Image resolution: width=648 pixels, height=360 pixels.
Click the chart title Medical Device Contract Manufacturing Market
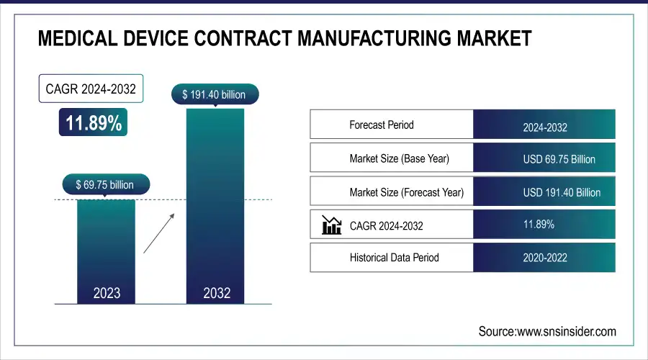click(284, 37)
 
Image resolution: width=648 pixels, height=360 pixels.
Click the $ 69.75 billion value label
click(105, 185)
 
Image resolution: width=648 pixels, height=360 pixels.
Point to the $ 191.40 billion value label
click(215, 94)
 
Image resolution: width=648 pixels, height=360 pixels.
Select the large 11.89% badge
click(94, 123)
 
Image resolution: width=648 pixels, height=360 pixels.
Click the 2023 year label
click(107, 293)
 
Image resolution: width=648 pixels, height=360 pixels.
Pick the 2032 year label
click(216, 293)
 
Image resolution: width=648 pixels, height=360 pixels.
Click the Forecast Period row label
click(382, 125)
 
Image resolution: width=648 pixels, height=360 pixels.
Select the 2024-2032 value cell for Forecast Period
click(544, 127)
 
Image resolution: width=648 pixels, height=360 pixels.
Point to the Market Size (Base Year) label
click(399, 158)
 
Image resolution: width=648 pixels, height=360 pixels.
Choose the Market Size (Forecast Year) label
click(406, 192)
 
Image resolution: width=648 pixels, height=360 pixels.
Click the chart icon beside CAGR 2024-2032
click(332, 225)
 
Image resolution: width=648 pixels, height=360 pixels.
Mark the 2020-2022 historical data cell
click(544, 258)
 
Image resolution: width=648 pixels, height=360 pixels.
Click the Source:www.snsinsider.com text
click(547, 331)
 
